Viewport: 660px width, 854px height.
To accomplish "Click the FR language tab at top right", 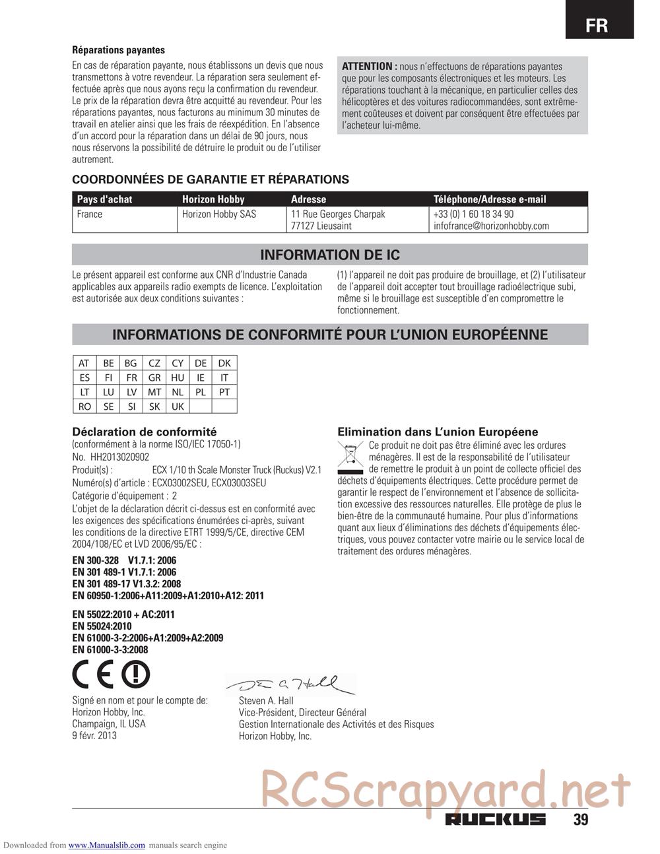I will point(597,25).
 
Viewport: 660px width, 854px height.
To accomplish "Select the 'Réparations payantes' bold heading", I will point(118,49).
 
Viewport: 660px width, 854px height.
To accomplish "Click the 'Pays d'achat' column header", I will point(104,199).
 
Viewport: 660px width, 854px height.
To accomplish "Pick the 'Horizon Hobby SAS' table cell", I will point(219,214).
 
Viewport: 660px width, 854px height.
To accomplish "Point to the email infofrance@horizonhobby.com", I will point(491,226).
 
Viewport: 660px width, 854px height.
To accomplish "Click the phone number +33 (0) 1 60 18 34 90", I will point(473,214).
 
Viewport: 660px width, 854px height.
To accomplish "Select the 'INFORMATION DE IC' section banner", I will point(330,255).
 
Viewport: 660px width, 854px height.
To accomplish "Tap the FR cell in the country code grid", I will point(131,378).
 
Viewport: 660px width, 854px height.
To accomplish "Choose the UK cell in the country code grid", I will point(178,407).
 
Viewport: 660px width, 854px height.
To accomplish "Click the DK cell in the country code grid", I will point(224,364).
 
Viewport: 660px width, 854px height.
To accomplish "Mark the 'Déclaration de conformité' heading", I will point(144,432).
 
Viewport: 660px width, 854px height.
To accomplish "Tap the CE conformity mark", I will point(94,675).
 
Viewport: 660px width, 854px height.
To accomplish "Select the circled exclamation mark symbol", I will point(137,674).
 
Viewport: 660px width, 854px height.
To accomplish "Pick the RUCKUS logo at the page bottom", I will point(495,820).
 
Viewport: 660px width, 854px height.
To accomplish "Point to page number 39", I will point(580,820).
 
